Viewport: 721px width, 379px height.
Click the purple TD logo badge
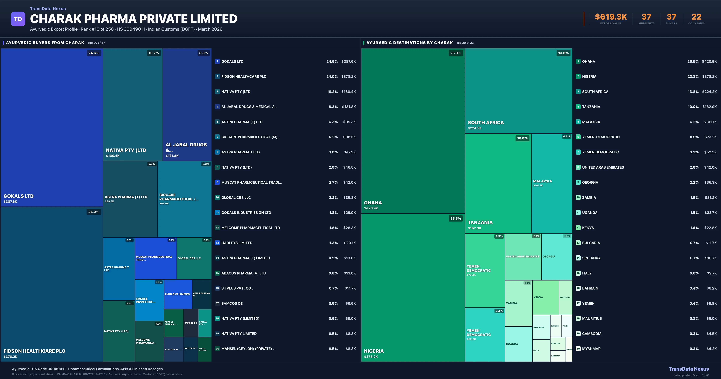point(18,19)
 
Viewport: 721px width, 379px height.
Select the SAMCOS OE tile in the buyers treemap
point(191,323)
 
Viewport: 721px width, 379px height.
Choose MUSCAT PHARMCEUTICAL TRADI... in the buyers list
point(251,182)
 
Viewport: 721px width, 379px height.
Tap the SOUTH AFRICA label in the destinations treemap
point(486,123)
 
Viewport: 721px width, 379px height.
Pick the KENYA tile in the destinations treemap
point(545,297)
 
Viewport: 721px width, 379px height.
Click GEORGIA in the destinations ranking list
point(590,182)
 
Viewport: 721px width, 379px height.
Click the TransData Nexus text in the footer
point(689,369)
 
